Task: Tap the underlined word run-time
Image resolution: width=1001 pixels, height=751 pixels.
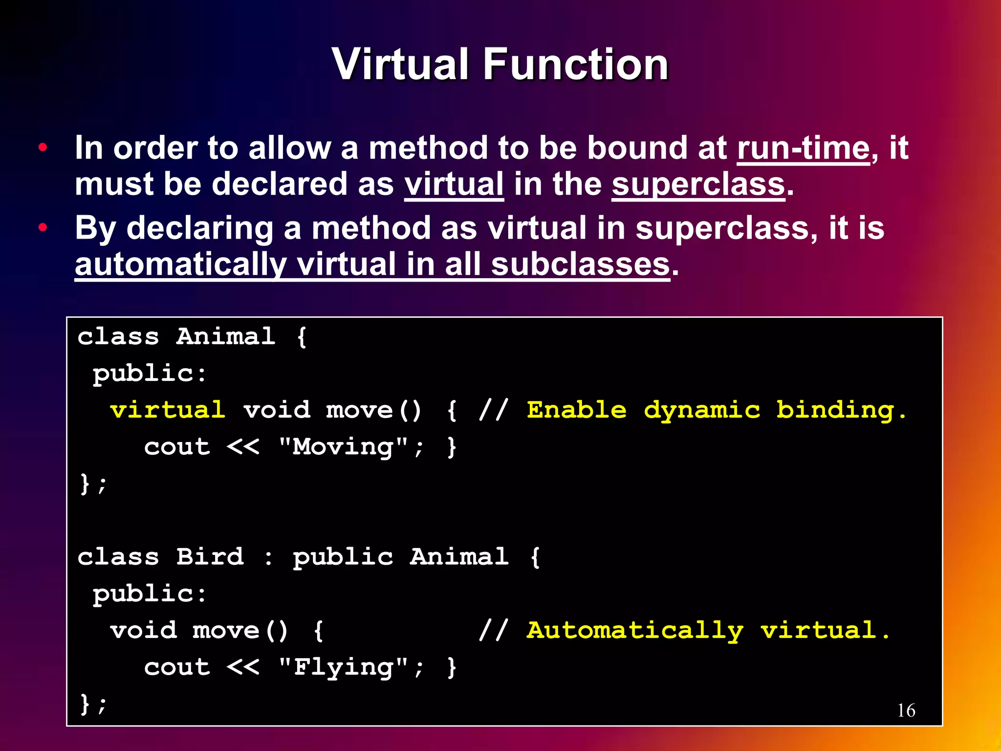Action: coord(803,148)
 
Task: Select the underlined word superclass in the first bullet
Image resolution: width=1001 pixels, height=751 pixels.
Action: coord(698,185)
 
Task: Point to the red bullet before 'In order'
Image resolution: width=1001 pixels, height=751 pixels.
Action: coord(43,147)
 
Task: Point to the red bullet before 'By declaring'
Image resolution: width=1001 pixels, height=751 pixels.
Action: coord(43,227)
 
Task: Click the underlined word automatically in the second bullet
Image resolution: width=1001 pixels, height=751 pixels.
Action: coord(180,265)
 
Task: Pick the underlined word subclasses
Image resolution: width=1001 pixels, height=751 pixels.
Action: coord(580,265)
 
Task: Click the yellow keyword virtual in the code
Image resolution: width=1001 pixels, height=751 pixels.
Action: coord(168,410)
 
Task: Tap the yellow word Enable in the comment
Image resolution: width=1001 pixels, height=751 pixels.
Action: coord(576,410)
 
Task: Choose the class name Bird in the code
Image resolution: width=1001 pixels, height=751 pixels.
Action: coord(210,557)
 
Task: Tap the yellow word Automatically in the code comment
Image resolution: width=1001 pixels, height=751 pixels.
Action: coord(635,631)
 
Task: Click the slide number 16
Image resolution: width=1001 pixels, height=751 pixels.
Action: coord(906,710)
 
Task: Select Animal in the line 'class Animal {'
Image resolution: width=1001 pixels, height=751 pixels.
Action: coord(225,336)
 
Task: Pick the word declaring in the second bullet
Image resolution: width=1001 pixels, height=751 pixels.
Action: coord(199,228)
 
